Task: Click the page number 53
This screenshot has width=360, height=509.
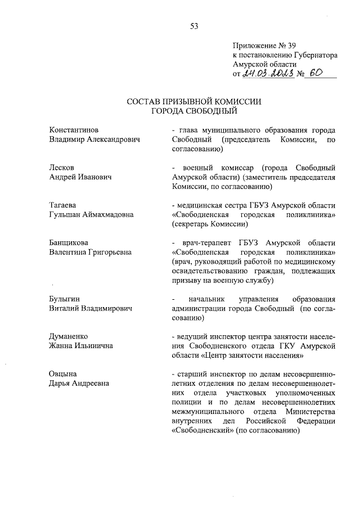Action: (194, 25)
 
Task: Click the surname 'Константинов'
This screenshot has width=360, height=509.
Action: (74, 129)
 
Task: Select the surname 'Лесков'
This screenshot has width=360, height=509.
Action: (61, 167)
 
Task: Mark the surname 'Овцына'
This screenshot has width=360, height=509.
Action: (63, 373)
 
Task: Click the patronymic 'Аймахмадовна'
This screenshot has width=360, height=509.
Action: (105, 214)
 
